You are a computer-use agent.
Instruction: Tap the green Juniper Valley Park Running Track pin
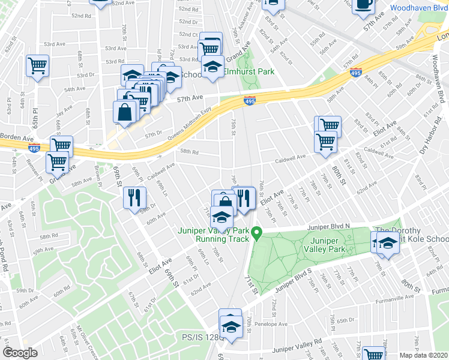click(x=256, y=232)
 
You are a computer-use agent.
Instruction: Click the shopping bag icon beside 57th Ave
click(x=125, y=112)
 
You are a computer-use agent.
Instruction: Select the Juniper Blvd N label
click(x=329, y=227)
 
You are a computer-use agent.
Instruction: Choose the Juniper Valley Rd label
click(x=297, y=349)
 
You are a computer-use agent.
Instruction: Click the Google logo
click(x=20, y=353)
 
